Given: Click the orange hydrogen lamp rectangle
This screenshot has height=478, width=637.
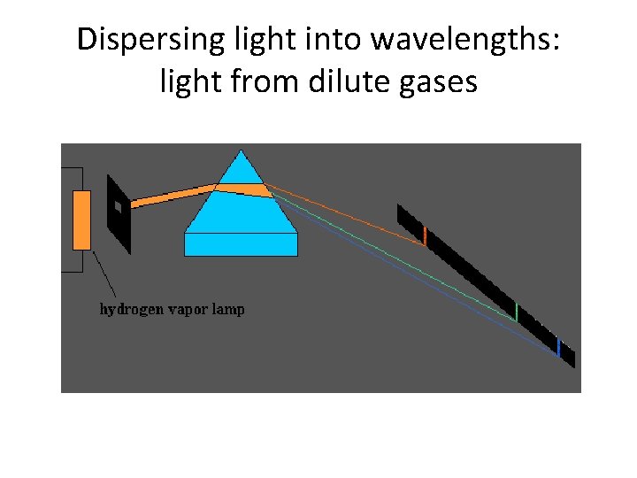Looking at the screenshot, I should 81,219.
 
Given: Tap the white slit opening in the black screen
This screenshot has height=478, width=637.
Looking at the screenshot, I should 117,206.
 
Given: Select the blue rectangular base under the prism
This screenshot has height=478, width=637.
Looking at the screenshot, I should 241,243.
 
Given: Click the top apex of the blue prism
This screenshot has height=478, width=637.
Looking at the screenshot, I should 241,153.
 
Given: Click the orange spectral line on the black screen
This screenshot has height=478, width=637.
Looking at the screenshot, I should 425,236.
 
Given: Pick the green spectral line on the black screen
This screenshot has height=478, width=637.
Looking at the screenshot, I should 517,312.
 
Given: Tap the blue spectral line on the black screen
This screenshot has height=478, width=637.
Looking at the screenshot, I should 558,346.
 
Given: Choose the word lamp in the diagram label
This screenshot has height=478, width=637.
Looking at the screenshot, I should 227,310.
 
